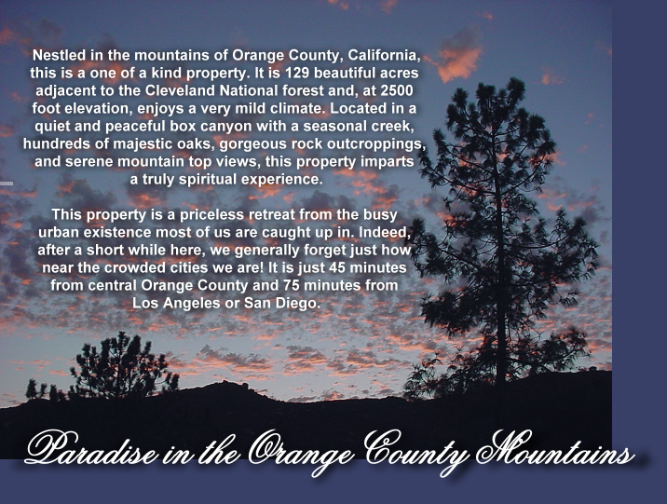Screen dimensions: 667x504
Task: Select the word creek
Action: pyautogui.click(x=392, y=127)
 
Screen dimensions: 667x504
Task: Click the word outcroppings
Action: pyautogui.click(x=377, y=144)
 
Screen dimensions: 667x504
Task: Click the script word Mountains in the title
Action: pyautogui.click(x=554, y=449)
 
